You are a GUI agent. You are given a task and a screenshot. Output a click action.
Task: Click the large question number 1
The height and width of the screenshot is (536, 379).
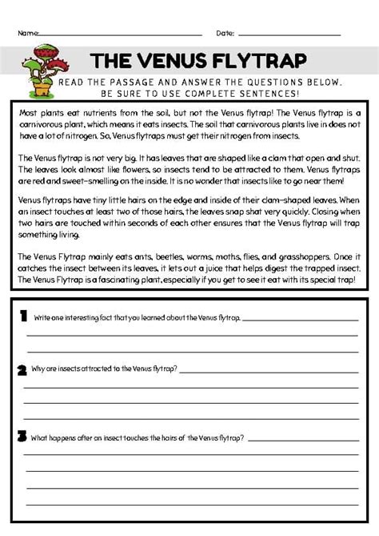click(x=24, y=316)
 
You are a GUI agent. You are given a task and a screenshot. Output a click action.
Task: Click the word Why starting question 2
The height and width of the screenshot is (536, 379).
click(x=39, y=369)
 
